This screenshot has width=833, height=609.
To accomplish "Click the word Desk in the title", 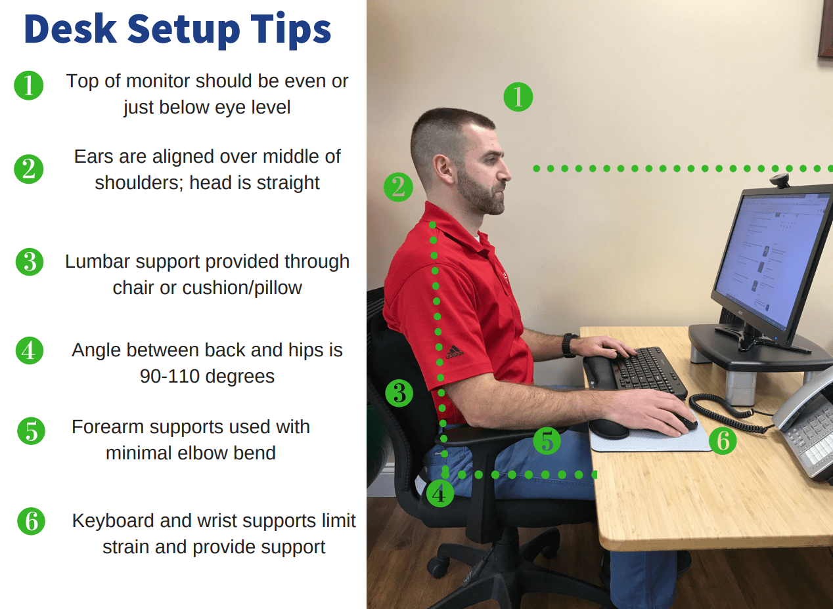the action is coord(71,29).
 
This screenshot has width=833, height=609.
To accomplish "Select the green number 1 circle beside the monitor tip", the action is coord(29,85).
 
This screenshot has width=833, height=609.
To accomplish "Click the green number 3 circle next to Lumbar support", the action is coord(30,262).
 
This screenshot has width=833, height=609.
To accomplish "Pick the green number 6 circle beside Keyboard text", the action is coord(32,521).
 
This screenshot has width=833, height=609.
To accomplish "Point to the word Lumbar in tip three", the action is coord(97,261).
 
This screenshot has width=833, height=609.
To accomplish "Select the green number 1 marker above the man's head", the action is coord(518,97).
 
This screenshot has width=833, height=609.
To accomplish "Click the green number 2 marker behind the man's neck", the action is coord(398,187).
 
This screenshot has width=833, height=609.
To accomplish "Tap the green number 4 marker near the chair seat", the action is coord(440,493).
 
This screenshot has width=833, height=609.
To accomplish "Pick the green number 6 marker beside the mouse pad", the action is coord(723,441).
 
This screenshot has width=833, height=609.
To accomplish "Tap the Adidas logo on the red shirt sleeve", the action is coord(455,352).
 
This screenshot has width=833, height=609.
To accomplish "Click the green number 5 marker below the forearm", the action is coord(547,441).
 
